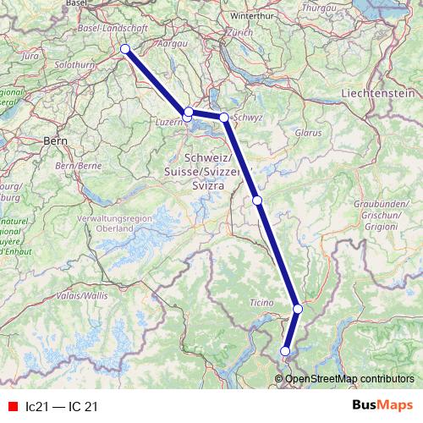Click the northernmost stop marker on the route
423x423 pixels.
(x=125, y=49)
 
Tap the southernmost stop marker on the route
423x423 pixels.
(x=285, y=351)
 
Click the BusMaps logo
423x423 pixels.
(x=382, y=406)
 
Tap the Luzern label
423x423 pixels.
(x=169, y=121)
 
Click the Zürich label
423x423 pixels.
(x=239, y=31)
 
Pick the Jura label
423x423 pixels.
(x=30, y=55)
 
